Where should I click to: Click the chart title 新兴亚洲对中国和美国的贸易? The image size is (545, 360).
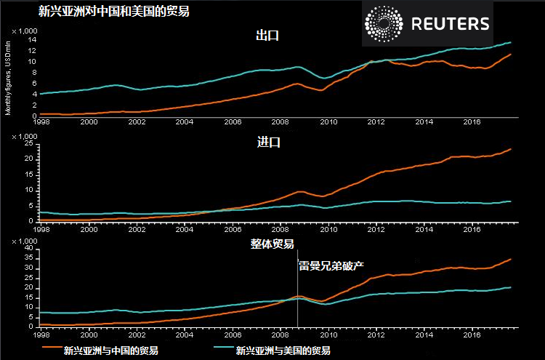108,11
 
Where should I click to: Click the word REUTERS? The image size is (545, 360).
451,24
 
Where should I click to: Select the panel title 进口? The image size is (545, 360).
269,142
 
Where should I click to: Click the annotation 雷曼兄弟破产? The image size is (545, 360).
326,265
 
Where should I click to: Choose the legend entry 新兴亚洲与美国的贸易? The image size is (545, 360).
283,350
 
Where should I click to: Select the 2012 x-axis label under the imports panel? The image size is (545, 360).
376,228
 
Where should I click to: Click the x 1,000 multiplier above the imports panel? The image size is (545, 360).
25,136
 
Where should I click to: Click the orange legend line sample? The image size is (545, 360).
50,348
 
